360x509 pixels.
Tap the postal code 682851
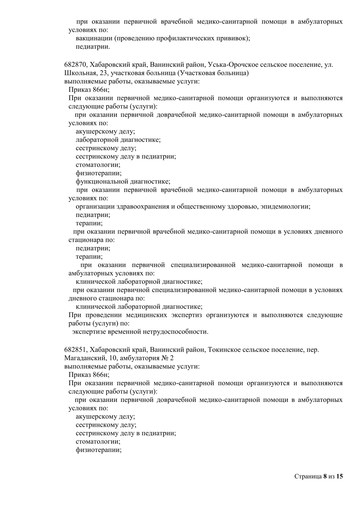point(75,350)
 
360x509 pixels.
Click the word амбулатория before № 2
point(140,358)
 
